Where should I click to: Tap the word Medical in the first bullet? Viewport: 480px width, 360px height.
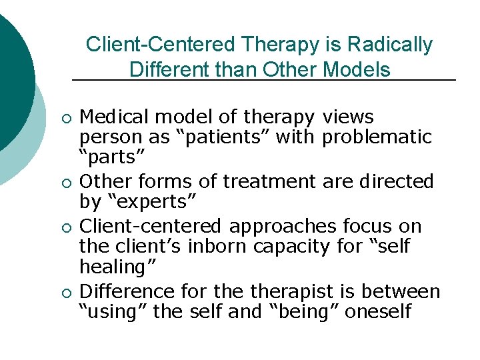click(113, 117)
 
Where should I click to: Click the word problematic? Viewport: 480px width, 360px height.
click(377, 138)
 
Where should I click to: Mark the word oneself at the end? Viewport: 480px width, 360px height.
click(378, 311)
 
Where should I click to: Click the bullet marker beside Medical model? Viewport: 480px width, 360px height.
click(64, 119)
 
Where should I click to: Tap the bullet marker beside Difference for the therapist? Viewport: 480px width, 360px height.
click(64, 292)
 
